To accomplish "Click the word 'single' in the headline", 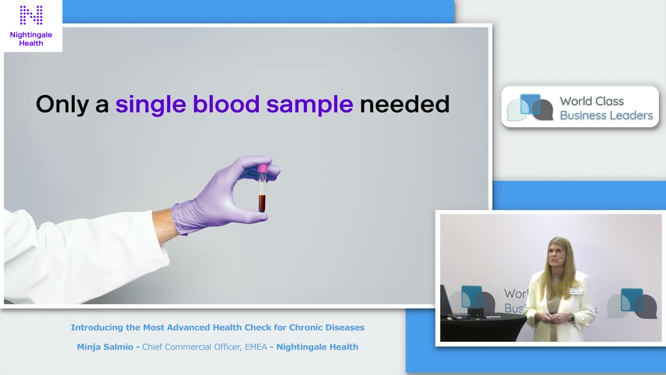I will coord(150,104).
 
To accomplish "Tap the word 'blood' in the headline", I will coord(226,104).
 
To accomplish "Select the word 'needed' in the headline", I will coord(404,104).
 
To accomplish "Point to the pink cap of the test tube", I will coord(262,169).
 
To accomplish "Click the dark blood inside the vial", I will coord(262,203).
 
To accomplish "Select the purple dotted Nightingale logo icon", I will coord(31,16).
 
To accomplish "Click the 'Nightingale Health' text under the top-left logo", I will coord(31,39).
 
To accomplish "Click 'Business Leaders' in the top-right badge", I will coord(606,115).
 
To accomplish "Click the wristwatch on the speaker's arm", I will coord(571,317).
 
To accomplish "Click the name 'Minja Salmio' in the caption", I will coord(106,347).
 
